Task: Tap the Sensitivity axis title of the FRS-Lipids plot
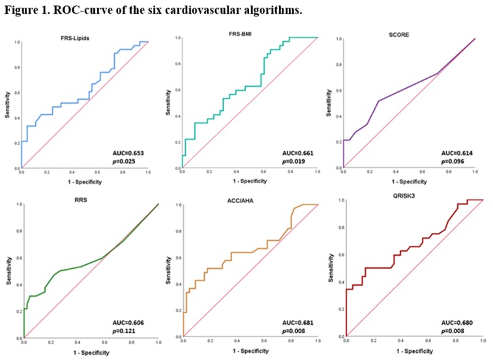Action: click(x=7, y=105)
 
